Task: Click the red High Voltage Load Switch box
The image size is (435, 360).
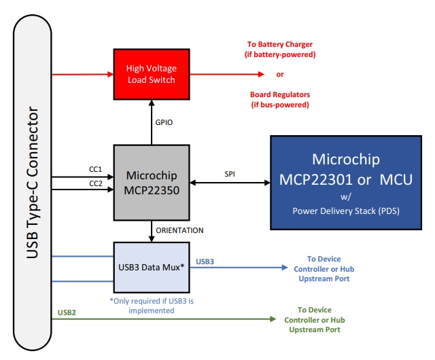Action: (x=150, y=75)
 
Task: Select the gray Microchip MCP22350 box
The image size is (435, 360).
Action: (x=150, y=183)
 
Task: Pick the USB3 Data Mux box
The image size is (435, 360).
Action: (x=150, y=267)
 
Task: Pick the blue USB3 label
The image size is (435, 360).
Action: (x=205, y=261)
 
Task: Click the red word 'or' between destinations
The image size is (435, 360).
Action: (x=280, y=75)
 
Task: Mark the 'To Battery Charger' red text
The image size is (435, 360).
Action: (x=280, y=45)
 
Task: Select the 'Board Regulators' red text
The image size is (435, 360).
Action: (x=279, y=96)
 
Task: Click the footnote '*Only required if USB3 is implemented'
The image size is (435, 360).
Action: (x=150, y=305)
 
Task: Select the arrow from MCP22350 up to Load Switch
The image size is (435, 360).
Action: (x=150, y=122)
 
